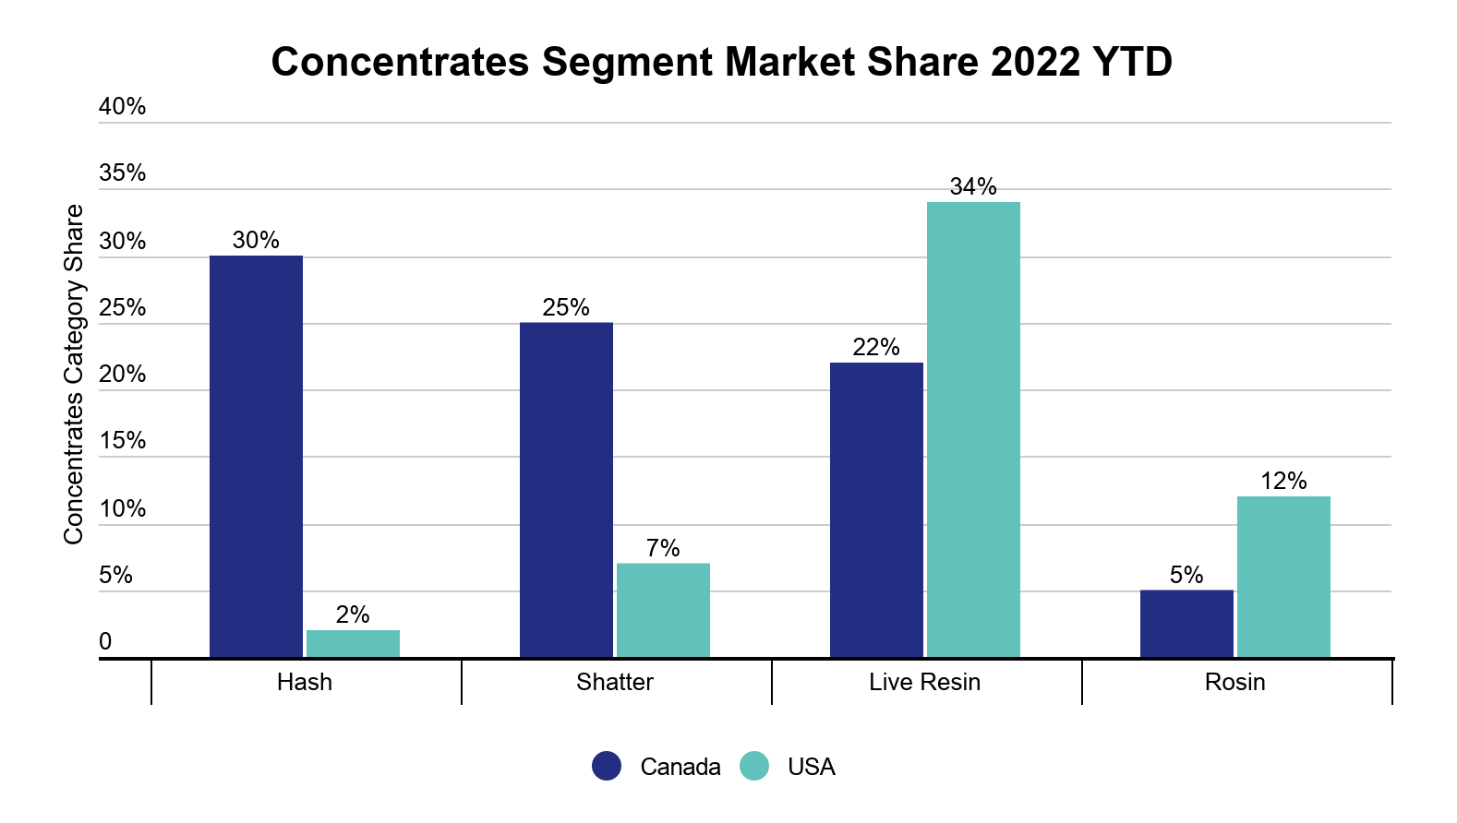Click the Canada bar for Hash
(256, 457)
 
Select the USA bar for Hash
(353, 644)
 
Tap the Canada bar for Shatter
(566, 490)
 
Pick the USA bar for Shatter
(663, 611)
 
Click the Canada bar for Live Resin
(876, 510)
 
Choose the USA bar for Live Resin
(973, 430)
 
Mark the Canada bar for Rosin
(1186, 624)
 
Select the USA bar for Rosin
(1283, 577)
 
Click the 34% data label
(973, 187)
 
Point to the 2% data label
(353, 615)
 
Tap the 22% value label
(876, 348)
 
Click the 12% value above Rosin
(1283, 482)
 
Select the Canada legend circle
(607, 766)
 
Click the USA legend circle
(754, 766)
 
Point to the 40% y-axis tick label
(123, 107)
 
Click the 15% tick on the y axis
(123, 441)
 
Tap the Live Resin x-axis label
(924, 682)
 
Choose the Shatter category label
(615, 682)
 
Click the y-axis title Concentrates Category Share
(74, 374)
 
